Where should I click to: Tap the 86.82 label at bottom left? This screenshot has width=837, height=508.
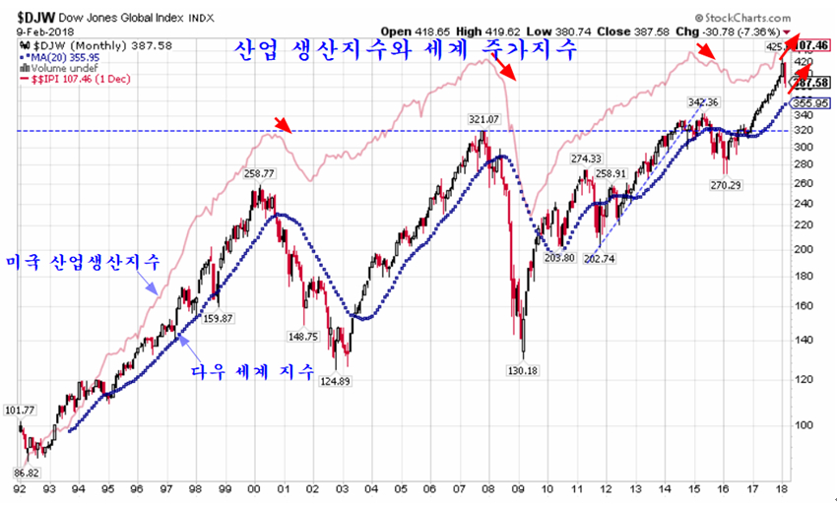pyautogui.click(x=27, y=472)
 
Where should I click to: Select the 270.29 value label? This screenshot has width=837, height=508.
pyautogui.click(x=727, y=183)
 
